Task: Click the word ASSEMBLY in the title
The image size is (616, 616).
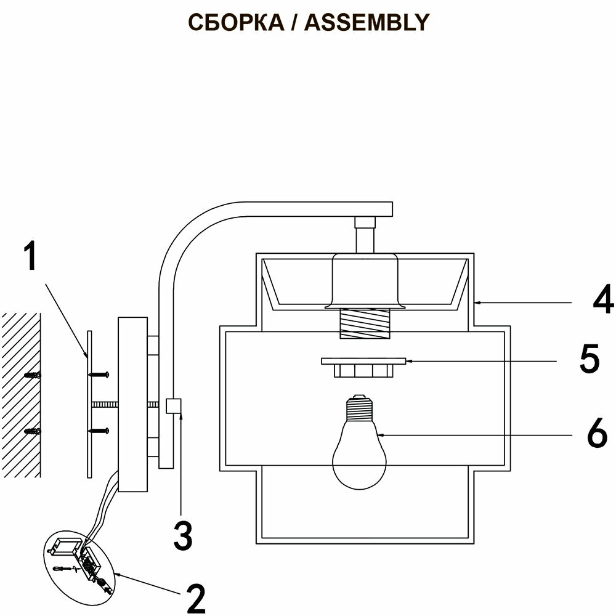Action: click(367, 22)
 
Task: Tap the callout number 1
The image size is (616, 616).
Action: click(30, 257)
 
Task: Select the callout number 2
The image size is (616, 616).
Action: click(195, 597)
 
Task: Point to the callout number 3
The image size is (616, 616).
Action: click(182, 535)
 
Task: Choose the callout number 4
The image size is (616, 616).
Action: click(603, 301)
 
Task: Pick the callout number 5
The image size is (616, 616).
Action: click(590, 360)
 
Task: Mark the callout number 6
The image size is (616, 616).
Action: click(596, 434)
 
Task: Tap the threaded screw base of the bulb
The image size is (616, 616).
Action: click(359, 407)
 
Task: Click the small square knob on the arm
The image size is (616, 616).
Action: click(174, 406)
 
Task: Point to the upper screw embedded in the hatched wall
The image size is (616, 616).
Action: click(32, 375)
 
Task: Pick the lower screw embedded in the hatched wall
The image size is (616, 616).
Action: click(32, 431)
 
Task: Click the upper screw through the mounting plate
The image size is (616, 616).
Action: click(100, 374)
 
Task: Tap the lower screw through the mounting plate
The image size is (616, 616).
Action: click(100, 431)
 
